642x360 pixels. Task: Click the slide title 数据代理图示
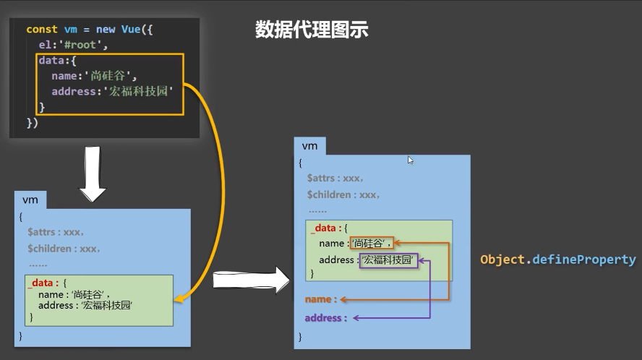(312, 30)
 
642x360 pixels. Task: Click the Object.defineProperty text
(558, 260)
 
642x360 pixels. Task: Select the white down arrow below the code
(92, 174)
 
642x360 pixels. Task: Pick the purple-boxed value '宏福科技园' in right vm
(390, 260)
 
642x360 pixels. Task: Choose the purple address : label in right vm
(325, 318)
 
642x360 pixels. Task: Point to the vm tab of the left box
(30, 200)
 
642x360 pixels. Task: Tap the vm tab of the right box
(309, 146)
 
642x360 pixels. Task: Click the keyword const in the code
(41, 30)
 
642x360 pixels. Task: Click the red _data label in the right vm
(324, 228)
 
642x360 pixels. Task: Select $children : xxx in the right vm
(343, 195)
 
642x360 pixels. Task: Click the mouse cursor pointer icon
(411, 160)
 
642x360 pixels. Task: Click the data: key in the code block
(52, 61)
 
